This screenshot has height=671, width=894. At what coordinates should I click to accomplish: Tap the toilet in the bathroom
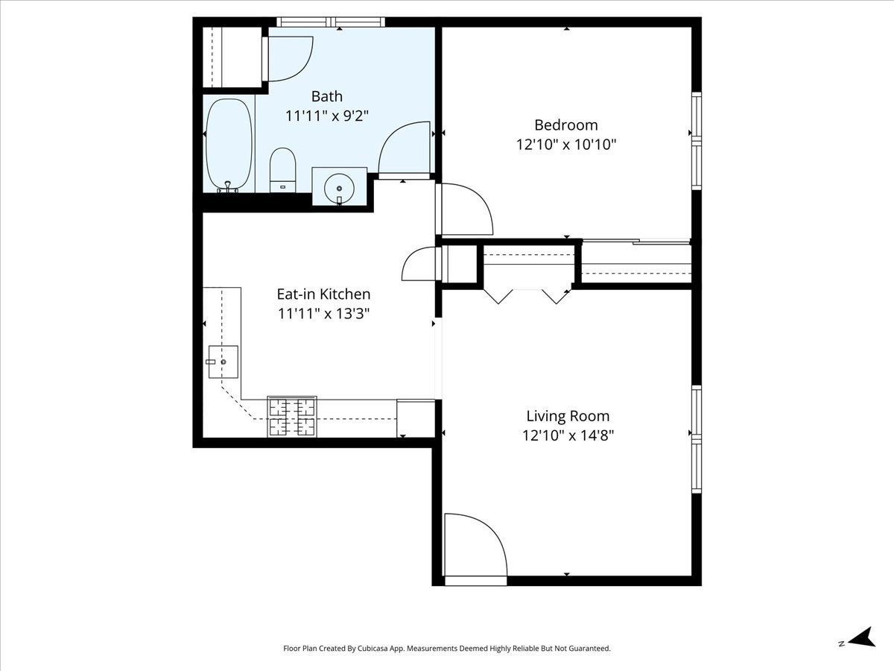click(282, 169)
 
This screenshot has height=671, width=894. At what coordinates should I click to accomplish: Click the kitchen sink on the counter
click(222, 362)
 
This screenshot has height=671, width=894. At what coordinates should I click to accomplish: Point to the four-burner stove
click(292, 417)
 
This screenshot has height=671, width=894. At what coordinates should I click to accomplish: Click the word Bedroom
click(565, 125)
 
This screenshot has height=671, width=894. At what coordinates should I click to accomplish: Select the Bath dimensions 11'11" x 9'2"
click(327, 116)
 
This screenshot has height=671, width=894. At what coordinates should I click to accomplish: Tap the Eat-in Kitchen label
click(323, 294)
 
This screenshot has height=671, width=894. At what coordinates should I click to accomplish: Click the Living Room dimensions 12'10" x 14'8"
click(568, 435)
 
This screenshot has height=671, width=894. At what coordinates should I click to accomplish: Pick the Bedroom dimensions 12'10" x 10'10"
click(565, 145)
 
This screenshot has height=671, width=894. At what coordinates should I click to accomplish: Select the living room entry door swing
click(475, 544)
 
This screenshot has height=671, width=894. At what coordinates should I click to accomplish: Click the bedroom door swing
click(466, 210)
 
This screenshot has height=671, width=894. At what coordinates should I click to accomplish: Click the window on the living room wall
click(697, 439)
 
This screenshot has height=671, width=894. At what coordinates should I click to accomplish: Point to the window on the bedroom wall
click(697, 140)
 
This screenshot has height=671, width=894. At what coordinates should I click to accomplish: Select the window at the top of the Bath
click(331, 22)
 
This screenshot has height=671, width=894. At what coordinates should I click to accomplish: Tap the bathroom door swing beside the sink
click(405, 149)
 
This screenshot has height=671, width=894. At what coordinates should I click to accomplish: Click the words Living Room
click(568, 416)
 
